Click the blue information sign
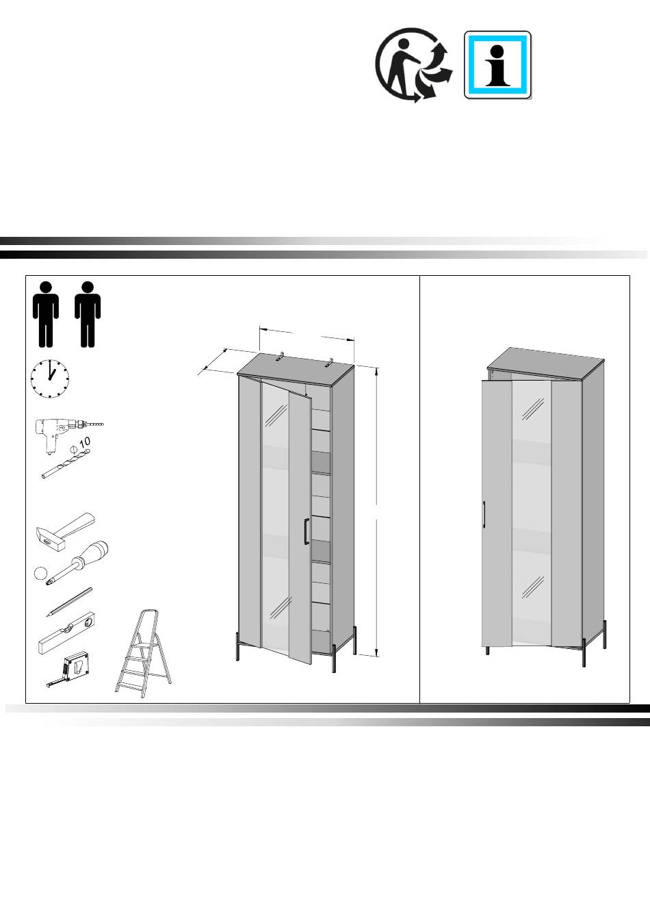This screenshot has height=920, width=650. [497, 65]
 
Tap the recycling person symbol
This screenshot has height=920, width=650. [413, 65]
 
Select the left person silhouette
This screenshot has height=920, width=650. [46, 314]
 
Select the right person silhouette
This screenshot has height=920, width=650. [88, 314]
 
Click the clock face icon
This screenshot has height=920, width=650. [50, 379]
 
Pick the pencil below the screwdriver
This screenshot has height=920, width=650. [69, 602]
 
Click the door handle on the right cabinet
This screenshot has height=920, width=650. [484, 513]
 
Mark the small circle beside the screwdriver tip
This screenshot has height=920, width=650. [40, 573]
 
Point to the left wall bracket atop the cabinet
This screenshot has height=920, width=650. [281, 356]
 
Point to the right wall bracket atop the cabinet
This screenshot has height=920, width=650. [330, 362]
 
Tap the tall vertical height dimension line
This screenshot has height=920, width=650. [376, 512]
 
